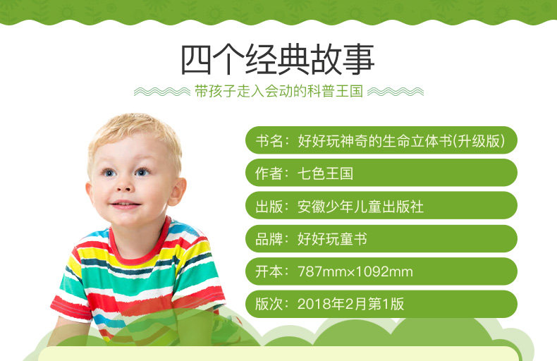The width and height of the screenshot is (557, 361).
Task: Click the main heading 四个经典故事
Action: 278,59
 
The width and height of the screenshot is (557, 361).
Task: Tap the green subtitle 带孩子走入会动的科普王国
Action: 279,92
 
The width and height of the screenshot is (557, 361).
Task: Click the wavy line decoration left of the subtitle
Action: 162,92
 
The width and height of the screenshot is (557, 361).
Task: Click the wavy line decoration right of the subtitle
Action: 396,92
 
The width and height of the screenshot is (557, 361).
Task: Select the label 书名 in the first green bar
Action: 269,141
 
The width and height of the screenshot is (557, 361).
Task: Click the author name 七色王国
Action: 325,173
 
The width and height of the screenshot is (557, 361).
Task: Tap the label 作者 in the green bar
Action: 269,173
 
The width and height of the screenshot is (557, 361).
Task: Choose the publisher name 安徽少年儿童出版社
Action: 360,207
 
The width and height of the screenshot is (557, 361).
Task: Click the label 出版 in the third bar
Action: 269,207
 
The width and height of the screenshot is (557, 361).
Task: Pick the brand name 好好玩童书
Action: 332,239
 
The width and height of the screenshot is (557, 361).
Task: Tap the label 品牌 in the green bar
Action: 269,239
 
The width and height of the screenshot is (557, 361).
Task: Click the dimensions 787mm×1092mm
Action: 355,272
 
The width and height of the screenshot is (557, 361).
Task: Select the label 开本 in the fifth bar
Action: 269,272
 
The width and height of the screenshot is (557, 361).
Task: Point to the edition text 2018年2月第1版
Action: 350,304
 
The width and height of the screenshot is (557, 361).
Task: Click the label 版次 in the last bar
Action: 269,304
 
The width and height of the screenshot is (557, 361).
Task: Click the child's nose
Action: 123,185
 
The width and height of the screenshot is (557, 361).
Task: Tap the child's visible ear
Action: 177,191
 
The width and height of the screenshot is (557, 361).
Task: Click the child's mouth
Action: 125,204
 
